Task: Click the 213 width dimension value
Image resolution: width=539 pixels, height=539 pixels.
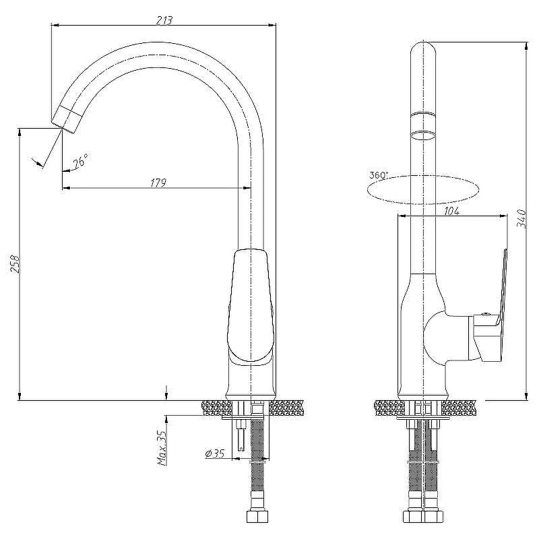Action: pos(164,20)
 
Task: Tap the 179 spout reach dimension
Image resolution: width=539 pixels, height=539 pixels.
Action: pos(158,183)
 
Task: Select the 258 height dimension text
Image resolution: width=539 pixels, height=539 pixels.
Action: pos(15,263)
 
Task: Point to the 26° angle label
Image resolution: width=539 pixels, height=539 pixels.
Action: pos(81,160)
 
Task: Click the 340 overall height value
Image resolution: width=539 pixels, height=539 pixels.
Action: pos(521,218)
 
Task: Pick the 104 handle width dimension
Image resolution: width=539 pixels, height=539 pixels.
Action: pos(451,211)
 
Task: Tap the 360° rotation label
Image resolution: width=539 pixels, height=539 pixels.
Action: pos(379,175)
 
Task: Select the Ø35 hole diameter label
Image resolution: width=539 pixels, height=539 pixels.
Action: pos(215,453)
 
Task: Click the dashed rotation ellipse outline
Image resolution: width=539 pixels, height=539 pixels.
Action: pos(423,204)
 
